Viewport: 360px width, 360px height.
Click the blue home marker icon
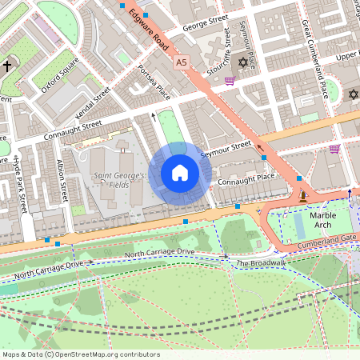pyautogui.click(x=180, y=173)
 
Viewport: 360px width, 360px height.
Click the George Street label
pyautogui.click(x=199, y=26)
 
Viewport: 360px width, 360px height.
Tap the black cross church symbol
pyautogui.click(x=9, y=66)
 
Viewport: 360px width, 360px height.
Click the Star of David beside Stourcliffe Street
pyautogui.click(x=242, y=62)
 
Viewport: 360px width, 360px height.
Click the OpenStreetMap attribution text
pyautogui.click(x=81, y=354)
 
